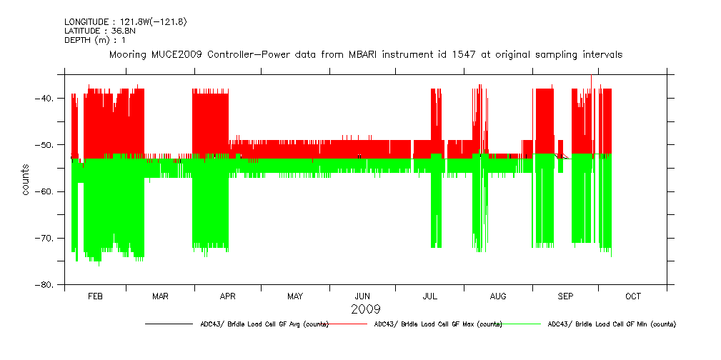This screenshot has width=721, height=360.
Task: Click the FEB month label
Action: coord(95,296)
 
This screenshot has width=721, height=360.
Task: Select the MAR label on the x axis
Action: coord(160,296)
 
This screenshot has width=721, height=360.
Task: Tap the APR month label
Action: coord(228,296)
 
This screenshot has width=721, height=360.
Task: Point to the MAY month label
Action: coord(295,296)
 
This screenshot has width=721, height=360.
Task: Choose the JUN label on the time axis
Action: coord(362,296)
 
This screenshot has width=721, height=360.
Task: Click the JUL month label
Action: coord(429,296)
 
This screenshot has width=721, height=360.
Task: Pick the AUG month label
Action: coord(498,296)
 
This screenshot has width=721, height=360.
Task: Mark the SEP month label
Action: coord(565,296)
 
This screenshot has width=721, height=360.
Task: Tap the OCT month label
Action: coord(633,296)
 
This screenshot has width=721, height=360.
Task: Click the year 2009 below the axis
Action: coord(365,309)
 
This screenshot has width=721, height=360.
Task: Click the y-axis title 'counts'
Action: coord(26,180)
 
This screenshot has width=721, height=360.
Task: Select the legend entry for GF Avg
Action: coord(264,324)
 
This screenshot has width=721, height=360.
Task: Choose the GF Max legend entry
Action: coord(438,324)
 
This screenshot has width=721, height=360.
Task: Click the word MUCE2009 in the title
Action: coord(176,54)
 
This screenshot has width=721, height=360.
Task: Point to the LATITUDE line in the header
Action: coord(99,31)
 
